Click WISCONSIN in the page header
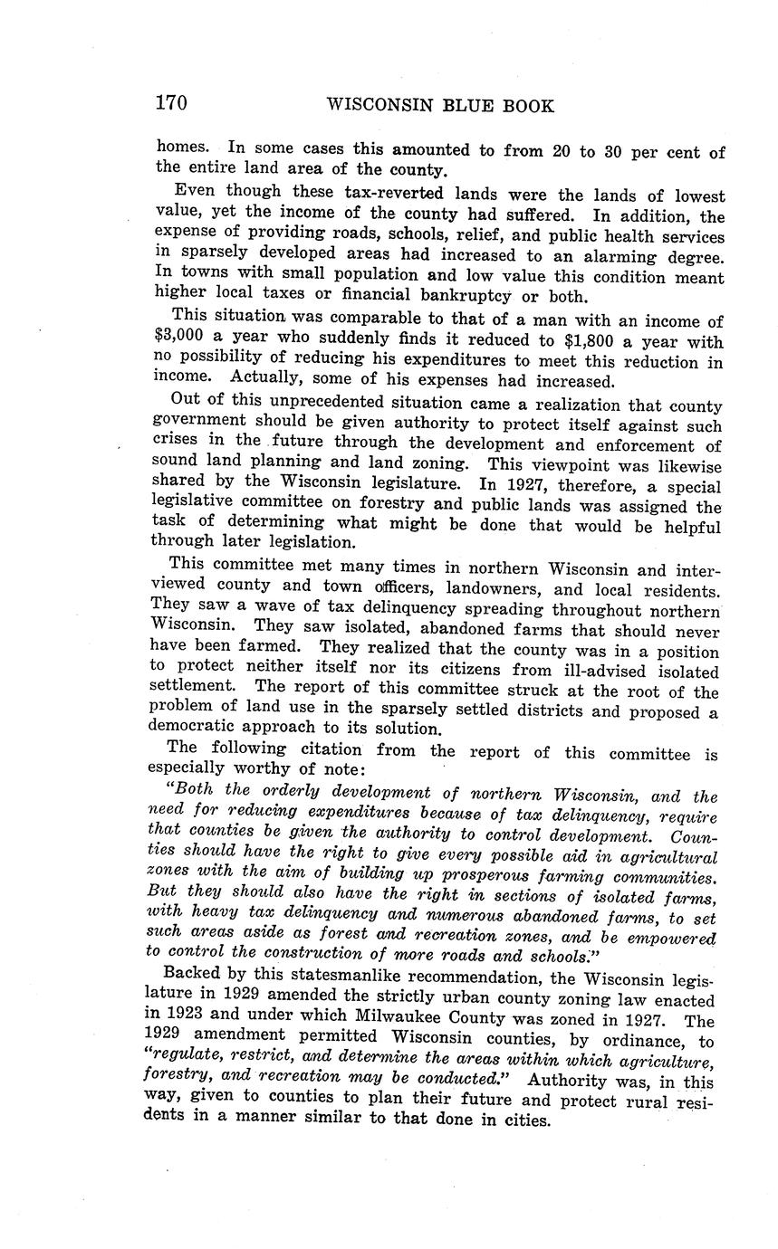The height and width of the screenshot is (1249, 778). (x=379, y=106)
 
